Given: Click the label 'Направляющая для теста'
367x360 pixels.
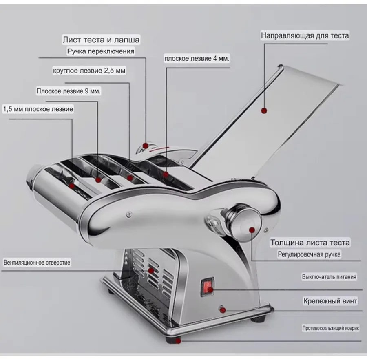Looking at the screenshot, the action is (x=305, y=35).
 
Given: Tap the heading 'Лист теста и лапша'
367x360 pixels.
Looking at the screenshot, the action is (x=101, y=40).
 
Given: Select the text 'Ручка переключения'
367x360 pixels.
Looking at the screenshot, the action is (x=101, y=51).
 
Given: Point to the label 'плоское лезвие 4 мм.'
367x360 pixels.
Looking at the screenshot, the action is (x=197, y=58).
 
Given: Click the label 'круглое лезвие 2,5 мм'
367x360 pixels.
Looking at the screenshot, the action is (x=89, y=71).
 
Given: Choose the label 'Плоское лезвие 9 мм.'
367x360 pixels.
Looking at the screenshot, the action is (x=69, y=91).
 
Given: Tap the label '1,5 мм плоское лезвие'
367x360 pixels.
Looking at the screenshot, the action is (x=38, y=109).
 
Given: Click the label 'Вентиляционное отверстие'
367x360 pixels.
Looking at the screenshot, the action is (x=37, y=263).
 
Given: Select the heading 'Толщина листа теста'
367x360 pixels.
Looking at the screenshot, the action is (x=310, y=243).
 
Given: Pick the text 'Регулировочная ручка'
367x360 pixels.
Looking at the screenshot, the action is (x=309, y=254).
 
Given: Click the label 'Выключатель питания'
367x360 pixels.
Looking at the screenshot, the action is (x=329, y=277).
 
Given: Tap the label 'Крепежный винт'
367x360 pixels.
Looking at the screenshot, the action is (x=330, y=301).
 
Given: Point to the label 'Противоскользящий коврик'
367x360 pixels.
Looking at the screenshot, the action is (x=330, y=328).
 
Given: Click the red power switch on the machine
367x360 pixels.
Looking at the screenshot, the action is (x=208, y=287).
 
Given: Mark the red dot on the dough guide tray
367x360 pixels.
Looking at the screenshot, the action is (x=264, y=110).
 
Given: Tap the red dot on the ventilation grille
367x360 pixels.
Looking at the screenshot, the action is (x=151, y=271).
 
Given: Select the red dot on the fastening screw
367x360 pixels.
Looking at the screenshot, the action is (x=223, y=310).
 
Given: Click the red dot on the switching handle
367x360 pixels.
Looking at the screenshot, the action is (x=146, y=146).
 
